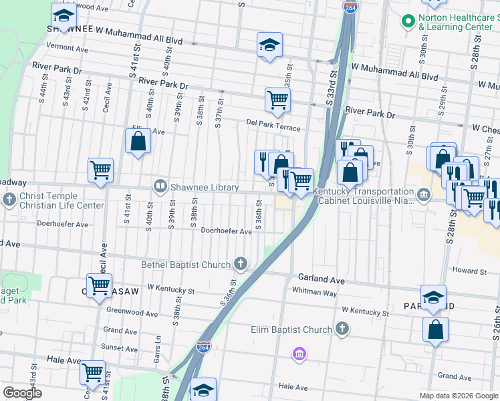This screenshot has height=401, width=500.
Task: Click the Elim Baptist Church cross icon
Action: pos(342,329)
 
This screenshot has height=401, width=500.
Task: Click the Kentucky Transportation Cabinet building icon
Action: pos(423,194)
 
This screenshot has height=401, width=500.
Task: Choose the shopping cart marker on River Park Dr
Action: pos(277,100)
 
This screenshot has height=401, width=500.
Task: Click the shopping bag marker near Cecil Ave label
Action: pos(138,142)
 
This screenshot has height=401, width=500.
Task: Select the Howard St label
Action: pos(469,271)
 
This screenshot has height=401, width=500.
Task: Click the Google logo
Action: pos(23,393)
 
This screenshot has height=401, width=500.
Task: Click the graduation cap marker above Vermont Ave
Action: pos(64,15)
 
